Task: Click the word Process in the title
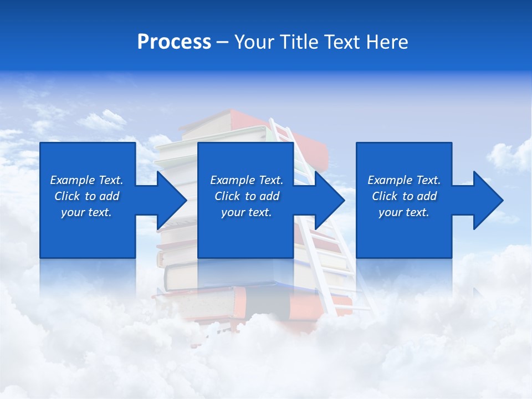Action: click(174, 42)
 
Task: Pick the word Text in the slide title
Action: click(342, 42)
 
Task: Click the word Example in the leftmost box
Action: click(73, 180)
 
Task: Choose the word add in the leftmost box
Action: click(109, 196)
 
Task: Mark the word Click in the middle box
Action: click(228, 196)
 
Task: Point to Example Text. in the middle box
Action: click(247, 180)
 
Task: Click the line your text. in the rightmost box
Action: click(404, 212)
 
